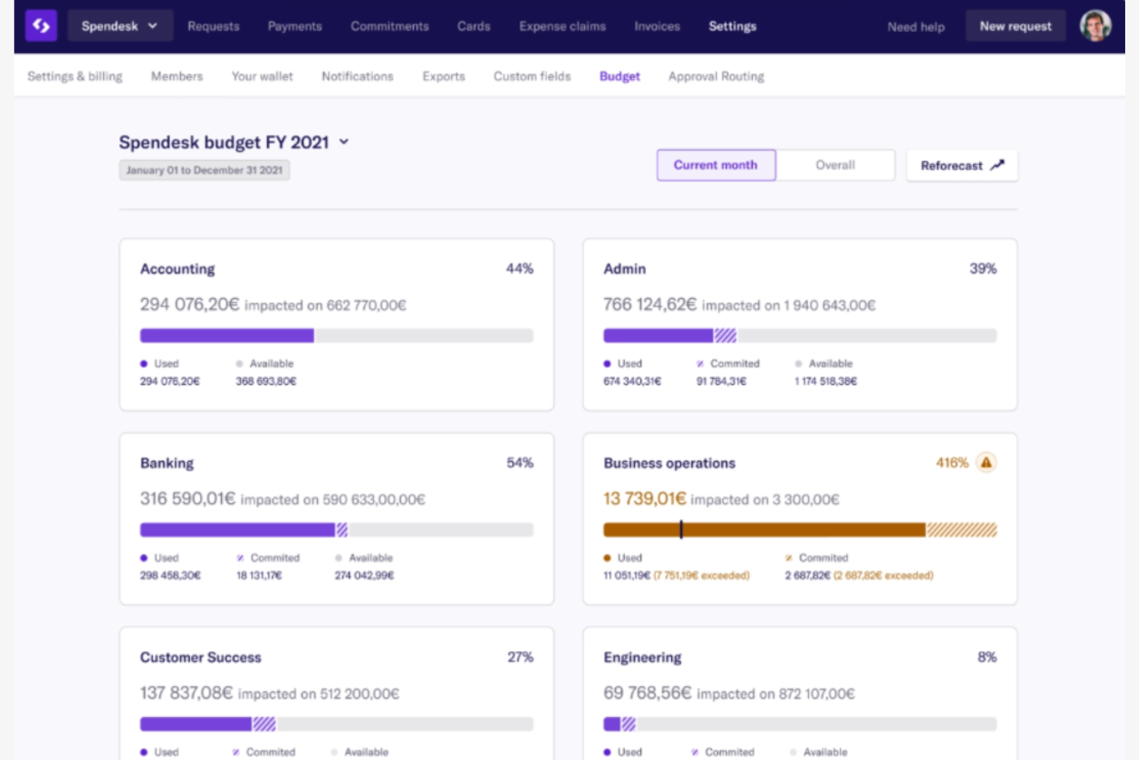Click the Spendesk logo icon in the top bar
[41, 25]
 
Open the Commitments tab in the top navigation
[389, 26]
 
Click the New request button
[1015, 26]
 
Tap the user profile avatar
[1095, 25]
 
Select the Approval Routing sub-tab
[716, 76]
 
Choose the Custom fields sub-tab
[532, 76]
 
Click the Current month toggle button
[716, 165]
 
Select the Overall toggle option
[835, 165]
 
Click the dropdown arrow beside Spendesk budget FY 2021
[344, 142]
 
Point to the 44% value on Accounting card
[519, 269]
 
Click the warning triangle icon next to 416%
[986, 463]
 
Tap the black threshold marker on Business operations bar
[681, 530]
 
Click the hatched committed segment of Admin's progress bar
[725, 336]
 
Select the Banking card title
[167, 463]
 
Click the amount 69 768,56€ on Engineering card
[647, 693]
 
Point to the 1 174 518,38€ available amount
[826, 381]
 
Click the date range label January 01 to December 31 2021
[204, 170]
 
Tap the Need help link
[915, 27]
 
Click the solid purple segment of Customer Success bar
[195, 724]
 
